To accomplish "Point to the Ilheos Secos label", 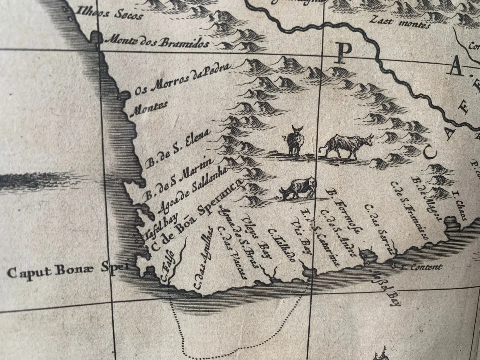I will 109,13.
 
